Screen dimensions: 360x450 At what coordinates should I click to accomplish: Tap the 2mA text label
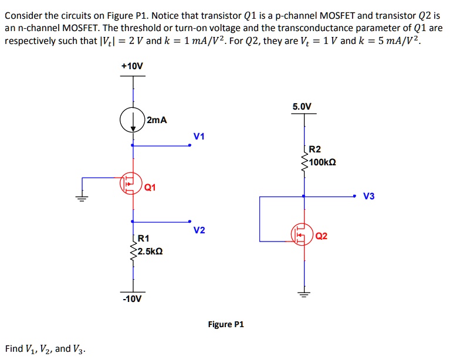pyautogui.click(x=157, y=120)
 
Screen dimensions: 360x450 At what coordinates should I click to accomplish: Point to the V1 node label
pyautogui.click(x=199, y=137)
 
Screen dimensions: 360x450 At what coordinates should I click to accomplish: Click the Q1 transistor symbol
pyautogui.click(x=130, y=183)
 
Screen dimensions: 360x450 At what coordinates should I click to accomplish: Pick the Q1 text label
pyautogui.click(x=150, y=188)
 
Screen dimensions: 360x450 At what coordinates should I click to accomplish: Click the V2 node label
pyautogui.click(x=199, y=230)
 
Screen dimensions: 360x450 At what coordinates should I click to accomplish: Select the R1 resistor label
pyautogui.click(x=144, y=239)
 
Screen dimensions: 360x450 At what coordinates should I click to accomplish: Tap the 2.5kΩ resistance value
pyautogui.click(x=150, y=251)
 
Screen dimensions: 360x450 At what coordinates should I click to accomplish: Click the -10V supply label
pyautogui.click(x=132, y=299)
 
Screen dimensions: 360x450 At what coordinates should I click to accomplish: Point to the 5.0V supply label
pyautogui.click(x=303, y=107)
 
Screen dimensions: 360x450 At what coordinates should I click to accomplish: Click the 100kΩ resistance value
pyautogui.click(x=322, y=161)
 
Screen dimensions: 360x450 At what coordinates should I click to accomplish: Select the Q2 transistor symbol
pyautogui.click(x=302, y=236)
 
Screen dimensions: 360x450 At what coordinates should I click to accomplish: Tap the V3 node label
pyautogui.click(x=368, y=196)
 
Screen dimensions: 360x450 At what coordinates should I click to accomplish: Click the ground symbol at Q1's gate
pyautogui.click(x=82, y=198)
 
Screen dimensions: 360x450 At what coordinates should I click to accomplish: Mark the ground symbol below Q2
pyautogui.click(x=303, y=294)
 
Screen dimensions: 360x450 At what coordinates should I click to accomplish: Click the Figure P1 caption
pyautogui.click(x=226, y=324)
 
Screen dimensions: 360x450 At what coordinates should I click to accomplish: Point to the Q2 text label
pyautogui.click(x=322, y=236)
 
